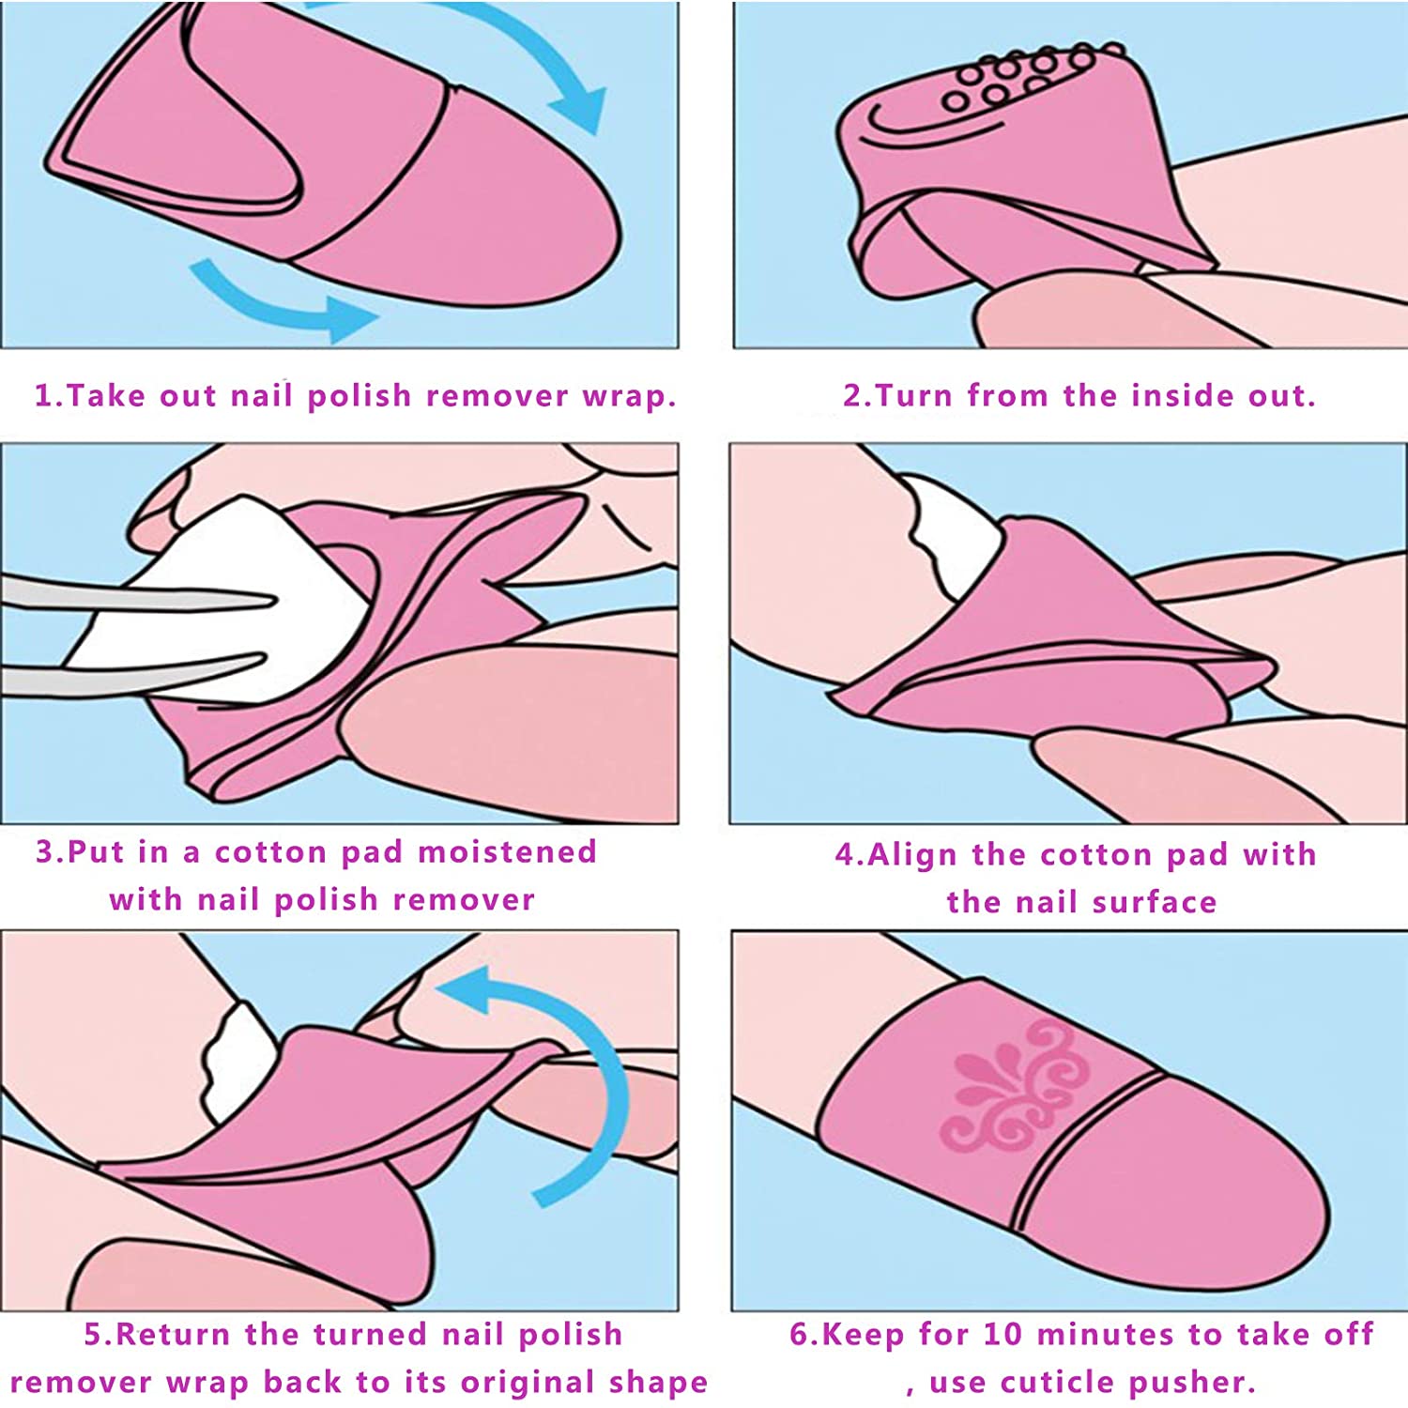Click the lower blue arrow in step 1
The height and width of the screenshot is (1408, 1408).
coord(282,300)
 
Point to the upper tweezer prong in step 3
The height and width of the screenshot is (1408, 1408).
coord(141,596)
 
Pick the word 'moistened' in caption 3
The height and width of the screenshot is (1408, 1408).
coord(507,852)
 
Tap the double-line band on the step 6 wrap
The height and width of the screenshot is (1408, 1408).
coord(1089,1150)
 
